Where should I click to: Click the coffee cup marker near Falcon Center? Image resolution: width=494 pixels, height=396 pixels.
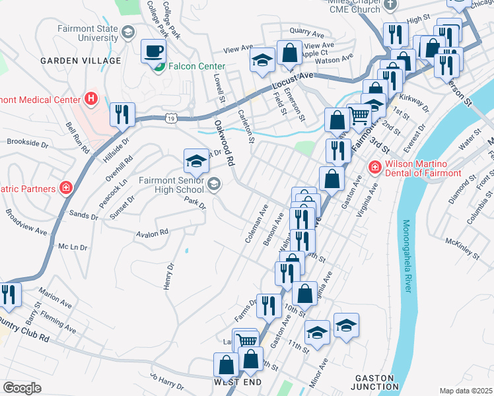point(155,51)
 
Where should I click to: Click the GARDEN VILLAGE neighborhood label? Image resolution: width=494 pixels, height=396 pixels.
point(81,61)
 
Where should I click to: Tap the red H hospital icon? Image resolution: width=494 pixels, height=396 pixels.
point(91,100)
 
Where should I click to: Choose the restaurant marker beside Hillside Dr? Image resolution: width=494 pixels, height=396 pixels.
point(122,114)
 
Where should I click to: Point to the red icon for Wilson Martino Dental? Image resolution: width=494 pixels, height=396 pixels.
point(374,168)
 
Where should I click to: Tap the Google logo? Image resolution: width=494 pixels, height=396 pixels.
point(22,388)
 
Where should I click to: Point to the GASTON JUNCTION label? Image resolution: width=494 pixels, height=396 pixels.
point(374,382)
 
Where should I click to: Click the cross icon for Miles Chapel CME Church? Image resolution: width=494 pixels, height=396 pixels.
point(390,5)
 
